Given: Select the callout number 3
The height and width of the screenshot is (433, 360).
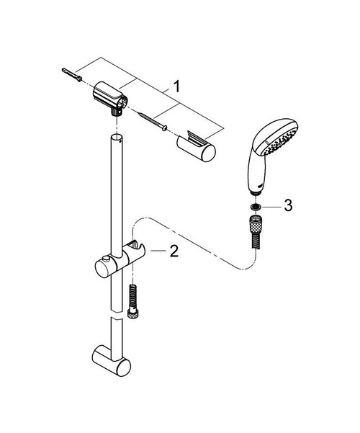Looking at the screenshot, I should (288, 206).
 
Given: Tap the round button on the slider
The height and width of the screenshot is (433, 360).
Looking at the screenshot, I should (107, 259).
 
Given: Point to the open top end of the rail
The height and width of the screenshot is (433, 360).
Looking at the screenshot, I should (116, 135).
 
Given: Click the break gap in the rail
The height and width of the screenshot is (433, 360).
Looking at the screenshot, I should (116, 318).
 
